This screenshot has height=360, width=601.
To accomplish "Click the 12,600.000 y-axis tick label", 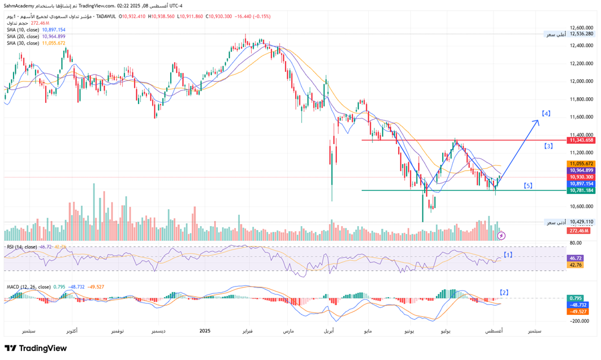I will click(x=581, y=27).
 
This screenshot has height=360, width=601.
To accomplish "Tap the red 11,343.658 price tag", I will click(x=582, y=140).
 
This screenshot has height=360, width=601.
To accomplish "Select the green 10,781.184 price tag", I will click(x=582, y=190).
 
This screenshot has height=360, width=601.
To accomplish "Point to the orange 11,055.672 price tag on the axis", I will click(x=582, y=163).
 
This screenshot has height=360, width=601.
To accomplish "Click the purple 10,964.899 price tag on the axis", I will click(x=582, y=170).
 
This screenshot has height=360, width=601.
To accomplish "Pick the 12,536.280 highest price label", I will click(x=582, y=34).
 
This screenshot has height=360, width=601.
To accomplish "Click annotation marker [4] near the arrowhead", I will click(x=546, y=113).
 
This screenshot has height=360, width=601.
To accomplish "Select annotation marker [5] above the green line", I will click(x=528, y=185).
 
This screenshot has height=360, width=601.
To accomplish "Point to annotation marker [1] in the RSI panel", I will click(x=508, y=255).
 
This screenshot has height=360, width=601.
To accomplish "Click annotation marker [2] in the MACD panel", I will click(x=504, y=292).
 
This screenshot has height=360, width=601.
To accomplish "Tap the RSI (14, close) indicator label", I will click(x=23, y=247).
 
